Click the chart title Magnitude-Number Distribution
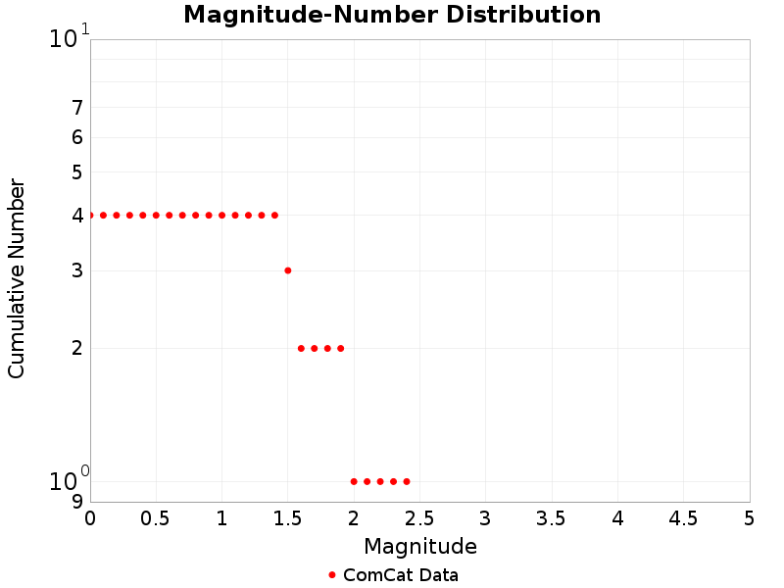point(392,15)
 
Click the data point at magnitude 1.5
point(287,270)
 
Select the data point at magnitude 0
point(90,215)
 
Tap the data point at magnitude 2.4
point(406,481)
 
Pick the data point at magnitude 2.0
point(354,481)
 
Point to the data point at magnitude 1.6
point(301,348)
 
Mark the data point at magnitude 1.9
point(340,348)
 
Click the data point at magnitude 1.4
point(274,215)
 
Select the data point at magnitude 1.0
point(221,215)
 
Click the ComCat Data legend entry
point(393,575)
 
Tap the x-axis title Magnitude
point(420,547)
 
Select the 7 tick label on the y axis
point(76,108)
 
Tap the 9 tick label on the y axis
point(76,502)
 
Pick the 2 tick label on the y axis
point(76,348)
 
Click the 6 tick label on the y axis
point(76,137)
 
